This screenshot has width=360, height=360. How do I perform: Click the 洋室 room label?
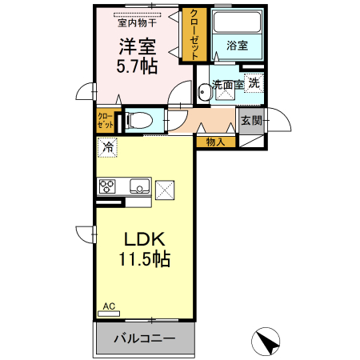pos(138,46)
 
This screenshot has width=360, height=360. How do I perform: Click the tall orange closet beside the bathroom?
pos(193,34)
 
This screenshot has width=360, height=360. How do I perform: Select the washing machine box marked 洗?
pos(253,82)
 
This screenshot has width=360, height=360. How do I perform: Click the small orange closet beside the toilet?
pos(106,122)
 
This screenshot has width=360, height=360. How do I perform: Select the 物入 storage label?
pos(215,142)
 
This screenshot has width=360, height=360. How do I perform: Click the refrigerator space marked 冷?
pos(108,147)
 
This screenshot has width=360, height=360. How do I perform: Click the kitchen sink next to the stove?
pos(137,188)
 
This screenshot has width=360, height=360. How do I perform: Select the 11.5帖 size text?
pos(144,260)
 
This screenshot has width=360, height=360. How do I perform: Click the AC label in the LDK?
pos(109,306)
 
